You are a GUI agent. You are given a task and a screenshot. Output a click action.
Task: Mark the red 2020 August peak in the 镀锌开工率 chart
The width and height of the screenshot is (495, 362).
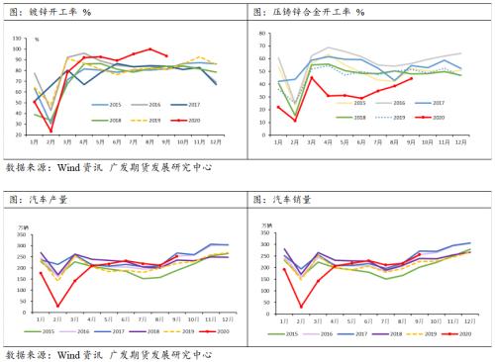(x=150, y=48)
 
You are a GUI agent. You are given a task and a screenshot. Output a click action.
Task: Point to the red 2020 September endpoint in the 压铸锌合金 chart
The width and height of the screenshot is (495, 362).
(x=411, y=79)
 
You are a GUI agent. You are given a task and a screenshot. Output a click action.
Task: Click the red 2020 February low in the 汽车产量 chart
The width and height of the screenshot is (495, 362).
(x=58, y=306)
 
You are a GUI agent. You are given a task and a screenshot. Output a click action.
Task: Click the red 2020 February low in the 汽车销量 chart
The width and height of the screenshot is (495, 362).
(x=303, y=306)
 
